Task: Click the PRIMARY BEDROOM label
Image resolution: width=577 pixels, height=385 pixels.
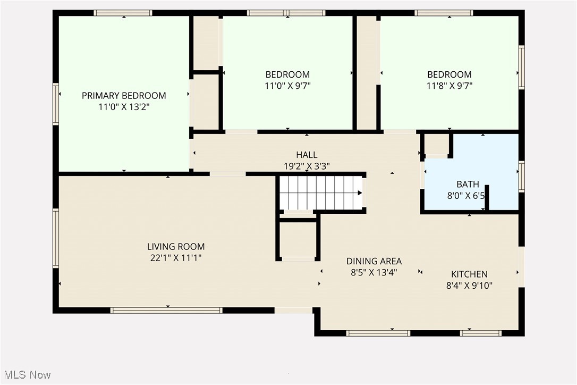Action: point(124,96)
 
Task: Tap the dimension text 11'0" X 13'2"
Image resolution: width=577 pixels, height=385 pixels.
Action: point(124,107)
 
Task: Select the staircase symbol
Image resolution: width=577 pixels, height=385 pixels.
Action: point(320,192)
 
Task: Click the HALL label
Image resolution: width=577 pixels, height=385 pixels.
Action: point(307,155)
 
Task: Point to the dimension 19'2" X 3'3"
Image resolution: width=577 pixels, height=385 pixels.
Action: point(307,166)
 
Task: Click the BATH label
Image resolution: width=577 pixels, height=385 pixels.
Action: point(468,185)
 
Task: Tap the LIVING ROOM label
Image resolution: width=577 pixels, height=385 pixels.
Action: point(176,247)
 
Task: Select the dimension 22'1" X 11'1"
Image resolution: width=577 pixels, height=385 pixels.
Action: point(176,258)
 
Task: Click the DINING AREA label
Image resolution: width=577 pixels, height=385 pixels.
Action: point(374,261)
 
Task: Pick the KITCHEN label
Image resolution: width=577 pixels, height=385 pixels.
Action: point(469,274)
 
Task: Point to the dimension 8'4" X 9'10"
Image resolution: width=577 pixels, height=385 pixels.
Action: point(469,286)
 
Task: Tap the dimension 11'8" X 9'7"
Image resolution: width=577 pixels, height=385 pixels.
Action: point(449,86)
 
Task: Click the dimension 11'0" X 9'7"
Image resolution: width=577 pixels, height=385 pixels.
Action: point(287,86)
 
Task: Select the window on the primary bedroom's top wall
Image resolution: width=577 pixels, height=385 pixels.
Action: point(123,13)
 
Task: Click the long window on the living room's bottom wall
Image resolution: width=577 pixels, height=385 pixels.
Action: point(166,310)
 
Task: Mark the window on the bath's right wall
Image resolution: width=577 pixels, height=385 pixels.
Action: point(521,176)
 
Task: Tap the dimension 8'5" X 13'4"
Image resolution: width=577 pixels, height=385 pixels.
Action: point(374,272)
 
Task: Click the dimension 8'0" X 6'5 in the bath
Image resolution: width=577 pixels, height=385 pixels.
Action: point(466,196)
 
